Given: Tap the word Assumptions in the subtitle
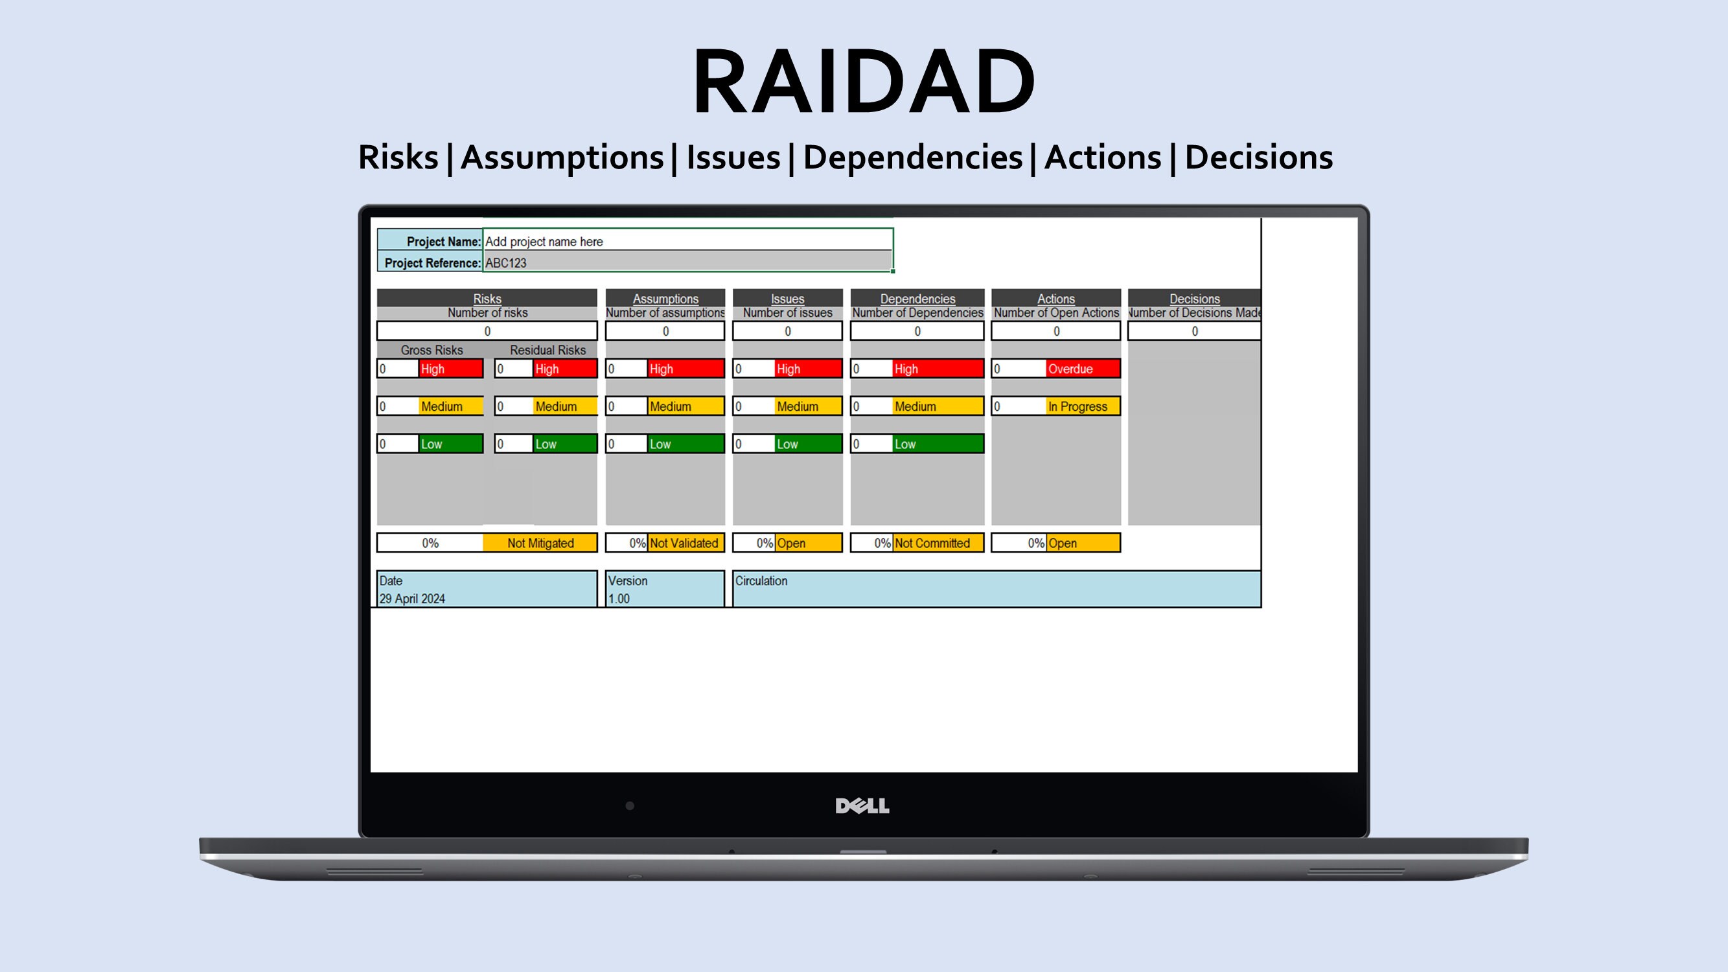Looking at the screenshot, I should pos(562,157).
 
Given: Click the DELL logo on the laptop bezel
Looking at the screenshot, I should pos(862,805).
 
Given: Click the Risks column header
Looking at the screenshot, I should pos(487,299).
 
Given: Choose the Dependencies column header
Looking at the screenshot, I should pos(917,299).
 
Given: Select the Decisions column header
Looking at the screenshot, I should pos(1194,299).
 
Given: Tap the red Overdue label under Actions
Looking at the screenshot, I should pos(1082,369).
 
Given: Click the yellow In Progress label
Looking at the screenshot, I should pos(1082,406).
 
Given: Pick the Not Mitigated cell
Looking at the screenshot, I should pos(540,544).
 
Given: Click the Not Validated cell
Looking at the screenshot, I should pos(684,544).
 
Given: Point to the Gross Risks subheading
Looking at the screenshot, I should pos(432,350).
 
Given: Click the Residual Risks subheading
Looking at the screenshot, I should pos(547,350).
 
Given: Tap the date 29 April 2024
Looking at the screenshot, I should pos(412,599).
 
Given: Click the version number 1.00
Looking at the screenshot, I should pos(619,599).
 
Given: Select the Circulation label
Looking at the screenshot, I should pos(761,581).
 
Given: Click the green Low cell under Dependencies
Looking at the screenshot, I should pos(937,444).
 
